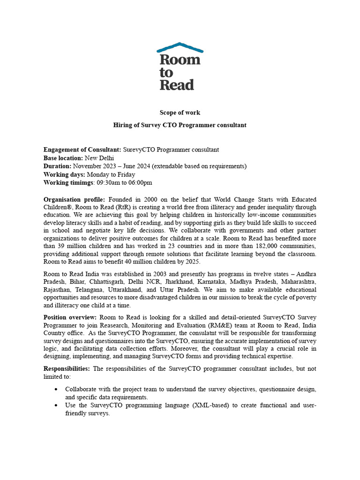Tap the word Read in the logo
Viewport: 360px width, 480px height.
pyautogui.click(x=177, y=85)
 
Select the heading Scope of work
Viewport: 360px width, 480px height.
pyautogui.click(x=180, y=112)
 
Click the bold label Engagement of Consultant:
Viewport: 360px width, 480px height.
pyautogui.click(x=82, y=150)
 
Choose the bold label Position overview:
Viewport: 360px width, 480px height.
pyautogui.click(x=70, y=317)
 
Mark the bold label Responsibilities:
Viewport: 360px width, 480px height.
pyautogui.click(x=67, y=369)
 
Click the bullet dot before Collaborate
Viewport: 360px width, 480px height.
pyautogui.click(x=57, y=390)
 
